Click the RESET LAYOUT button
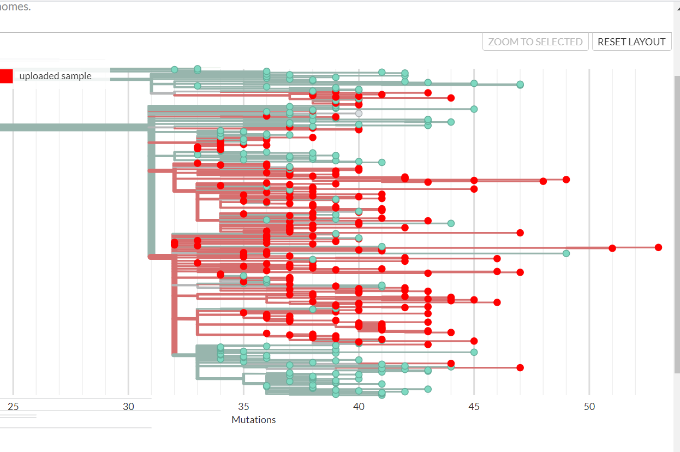(631, 42)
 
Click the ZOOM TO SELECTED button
(535, 42)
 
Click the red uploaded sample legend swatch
(6, 76)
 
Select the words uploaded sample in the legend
(55, 76)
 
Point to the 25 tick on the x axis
(13, 407)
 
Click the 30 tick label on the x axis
(128, 407)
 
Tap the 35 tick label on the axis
(243, 407)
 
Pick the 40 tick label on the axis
(359, 407)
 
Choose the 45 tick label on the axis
(474, 407)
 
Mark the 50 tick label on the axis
(589, 407)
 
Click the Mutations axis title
(254, 420)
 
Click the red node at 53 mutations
(658, 247)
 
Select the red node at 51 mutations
(612, 248)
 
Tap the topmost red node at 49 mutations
(566, 180)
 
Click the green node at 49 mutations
(566, 253)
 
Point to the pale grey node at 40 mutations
(359, 113)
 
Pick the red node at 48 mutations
(543, 181)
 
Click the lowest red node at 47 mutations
(520, 367)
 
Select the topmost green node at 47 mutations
(520, 84)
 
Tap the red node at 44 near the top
(451, 98)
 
